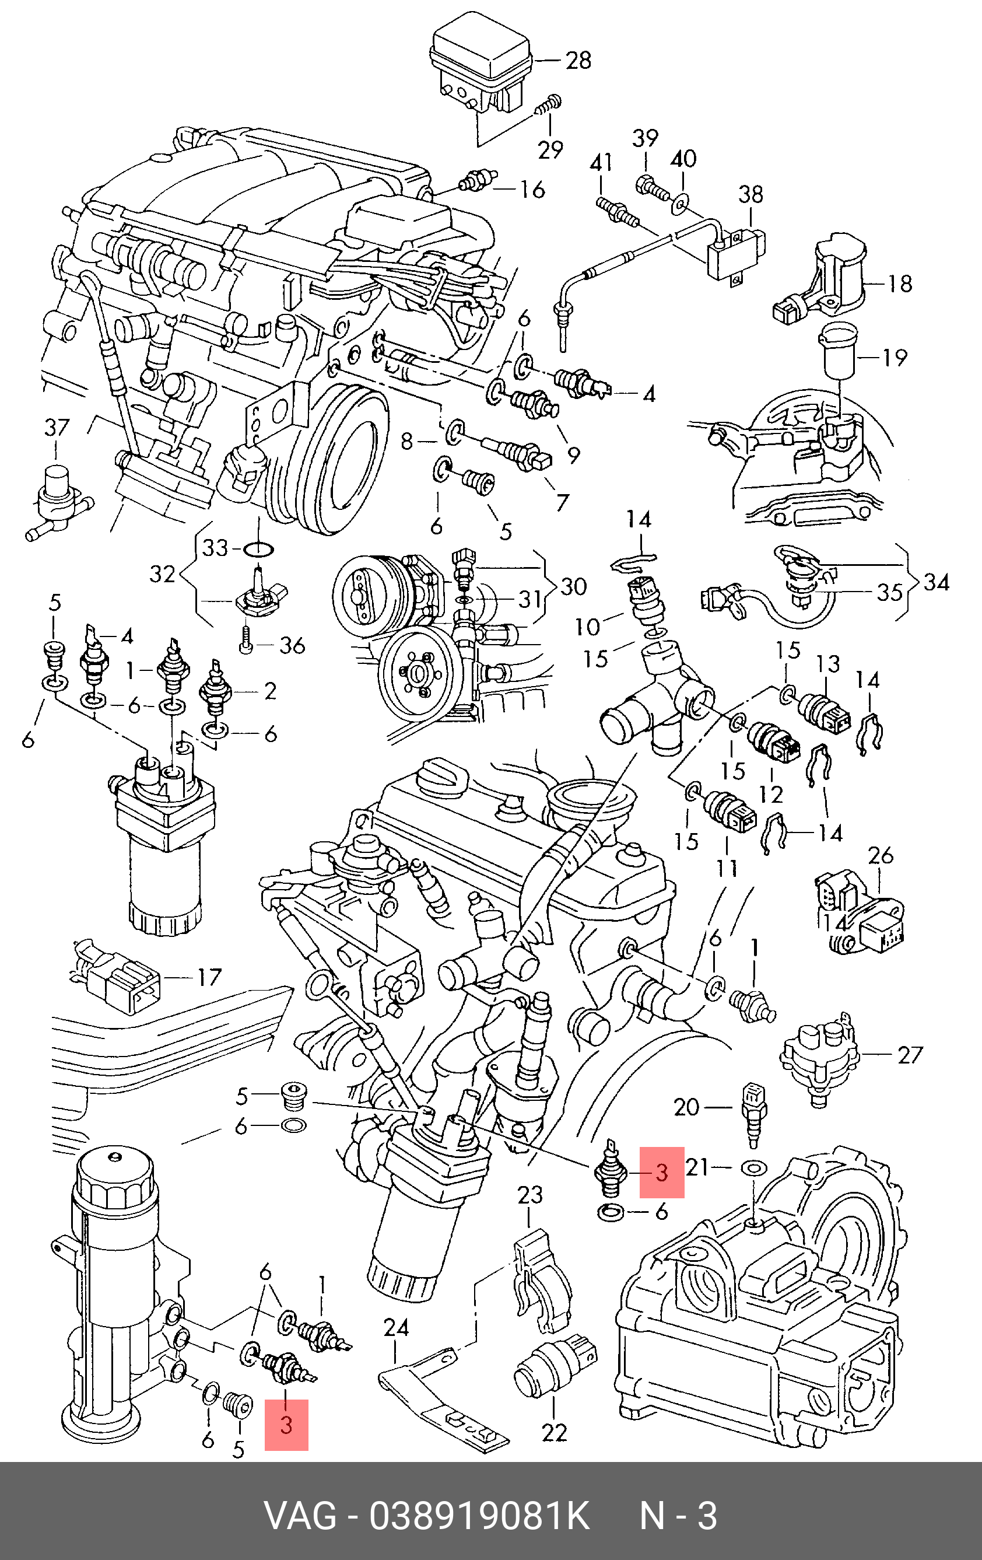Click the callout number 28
click(x=578, y=60)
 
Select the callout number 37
click(x=57, y=428)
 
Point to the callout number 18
click(x=899, y=283)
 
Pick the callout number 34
click(x=936, y=582)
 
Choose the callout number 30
click(x=573, y=587)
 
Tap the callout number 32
click(x=163, y=574)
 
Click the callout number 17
click(x=209, y=977)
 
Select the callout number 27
click(x=910, y=1055)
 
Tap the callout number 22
click(x=554, y=1432)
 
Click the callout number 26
click(x=881, y=856)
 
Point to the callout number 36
click(x=292, y=645)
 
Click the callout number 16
click(x=532, y=190)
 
